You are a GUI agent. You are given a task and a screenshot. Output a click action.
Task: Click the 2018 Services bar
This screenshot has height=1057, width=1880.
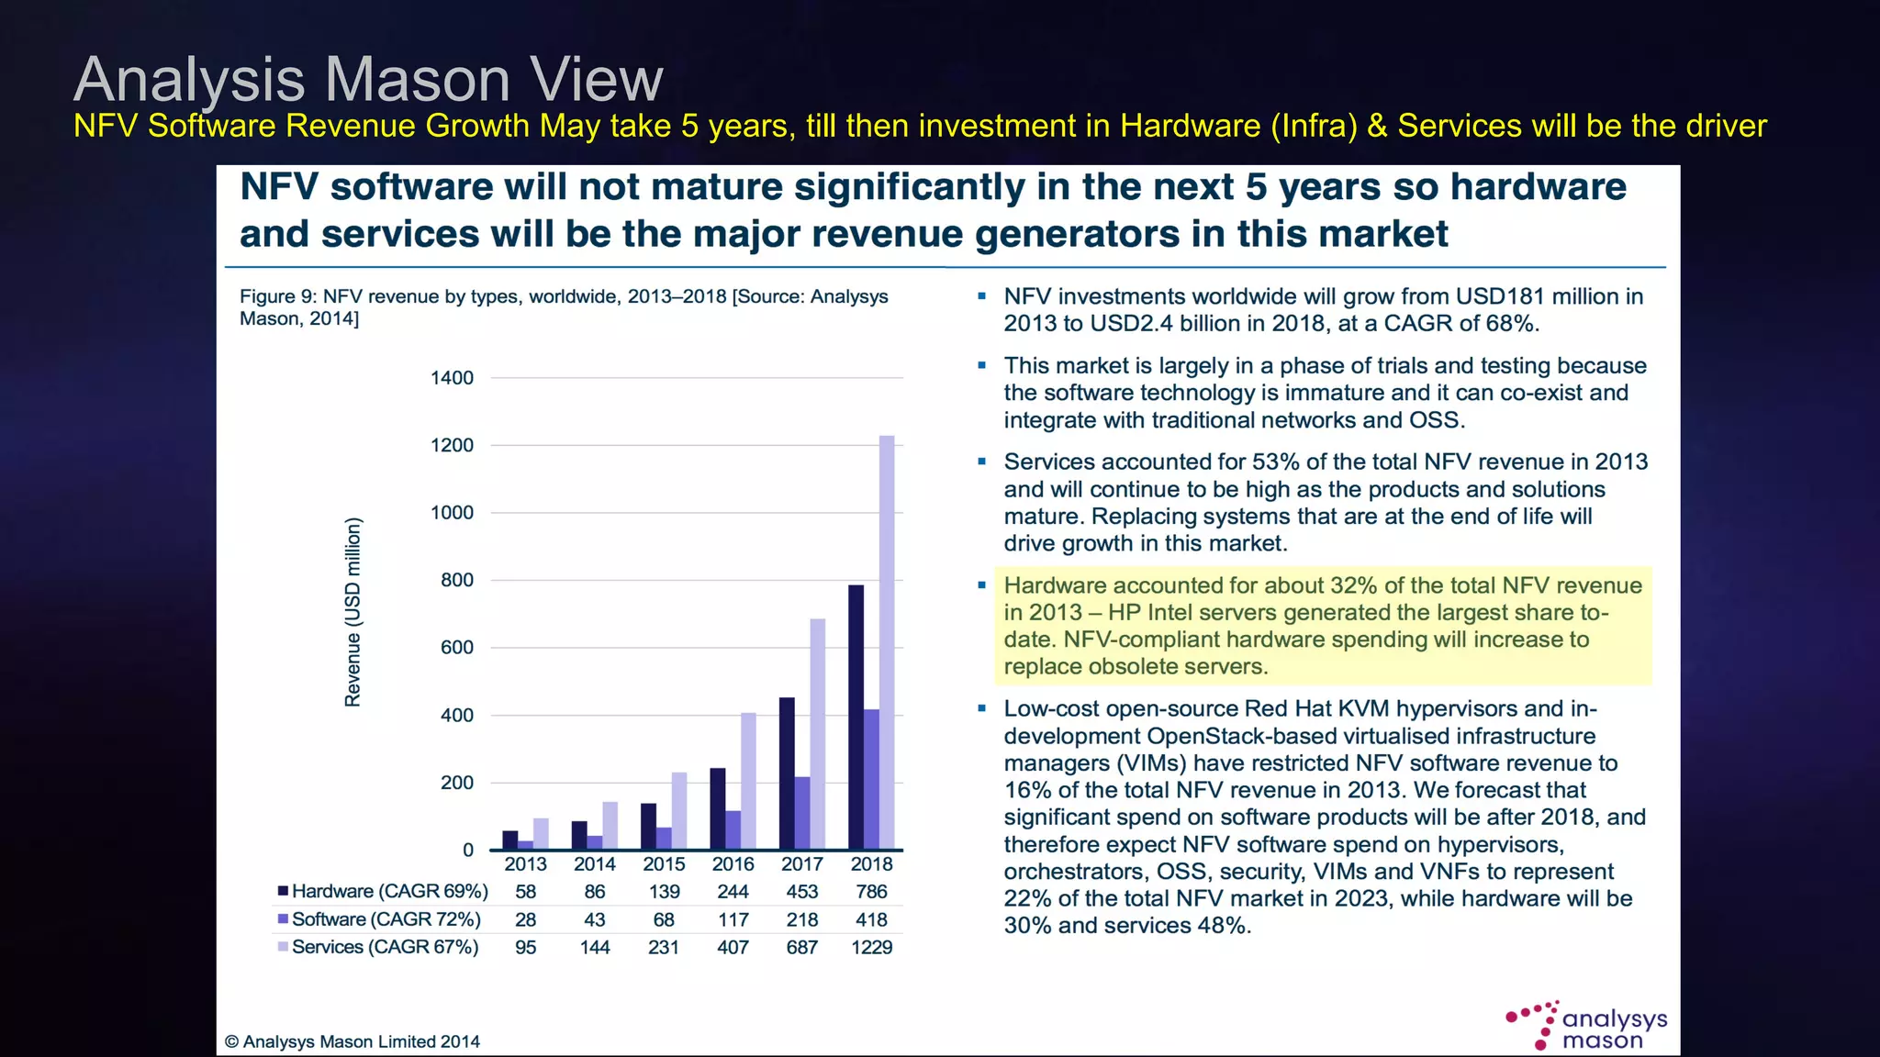click(887, 642)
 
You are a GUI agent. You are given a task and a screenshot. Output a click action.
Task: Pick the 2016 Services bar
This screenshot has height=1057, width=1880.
click(748, 781)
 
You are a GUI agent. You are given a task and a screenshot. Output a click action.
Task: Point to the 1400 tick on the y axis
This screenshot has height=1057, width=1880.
click(452, 378)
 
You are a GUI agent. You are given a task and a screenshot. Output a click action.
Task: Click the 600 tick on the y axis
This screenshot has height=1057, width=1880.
click(456, 648)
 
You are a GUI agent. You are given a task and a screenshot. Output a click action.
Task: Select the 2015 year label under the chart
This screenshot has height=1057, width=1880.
click(664, 864)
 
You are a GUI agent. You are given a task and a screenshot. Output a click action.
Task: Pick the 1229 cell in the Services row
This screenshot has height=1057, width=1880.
click(871, 947)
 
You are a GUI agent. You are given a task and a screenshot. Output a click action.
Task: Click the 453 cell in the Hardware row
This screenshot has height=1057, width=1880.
click(801, 892)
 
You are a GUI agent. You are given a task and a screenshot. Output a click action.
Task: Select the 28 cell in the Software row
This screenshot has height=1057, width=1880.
click(525, 919)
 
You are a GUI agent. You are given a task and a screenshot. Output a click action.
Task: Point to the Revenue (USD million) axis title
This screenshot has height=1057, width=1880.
click(352, 613)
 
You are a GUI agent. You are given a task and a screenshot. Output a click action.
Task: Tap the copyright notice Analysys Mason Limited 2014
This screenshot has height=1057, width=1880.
click(352, 1041)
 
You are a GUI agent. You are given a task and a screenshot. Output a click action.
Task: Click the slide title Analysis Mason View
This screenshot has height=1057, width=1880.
click(367, 79)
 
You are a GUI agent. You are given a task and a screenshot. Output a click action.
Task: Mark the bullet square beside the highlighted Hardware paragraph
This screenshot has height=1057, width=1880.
click(981, 585)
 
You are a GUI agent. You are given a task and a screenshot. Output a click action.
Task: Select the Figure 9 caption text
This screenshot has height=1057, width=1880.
click(563, 307)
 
